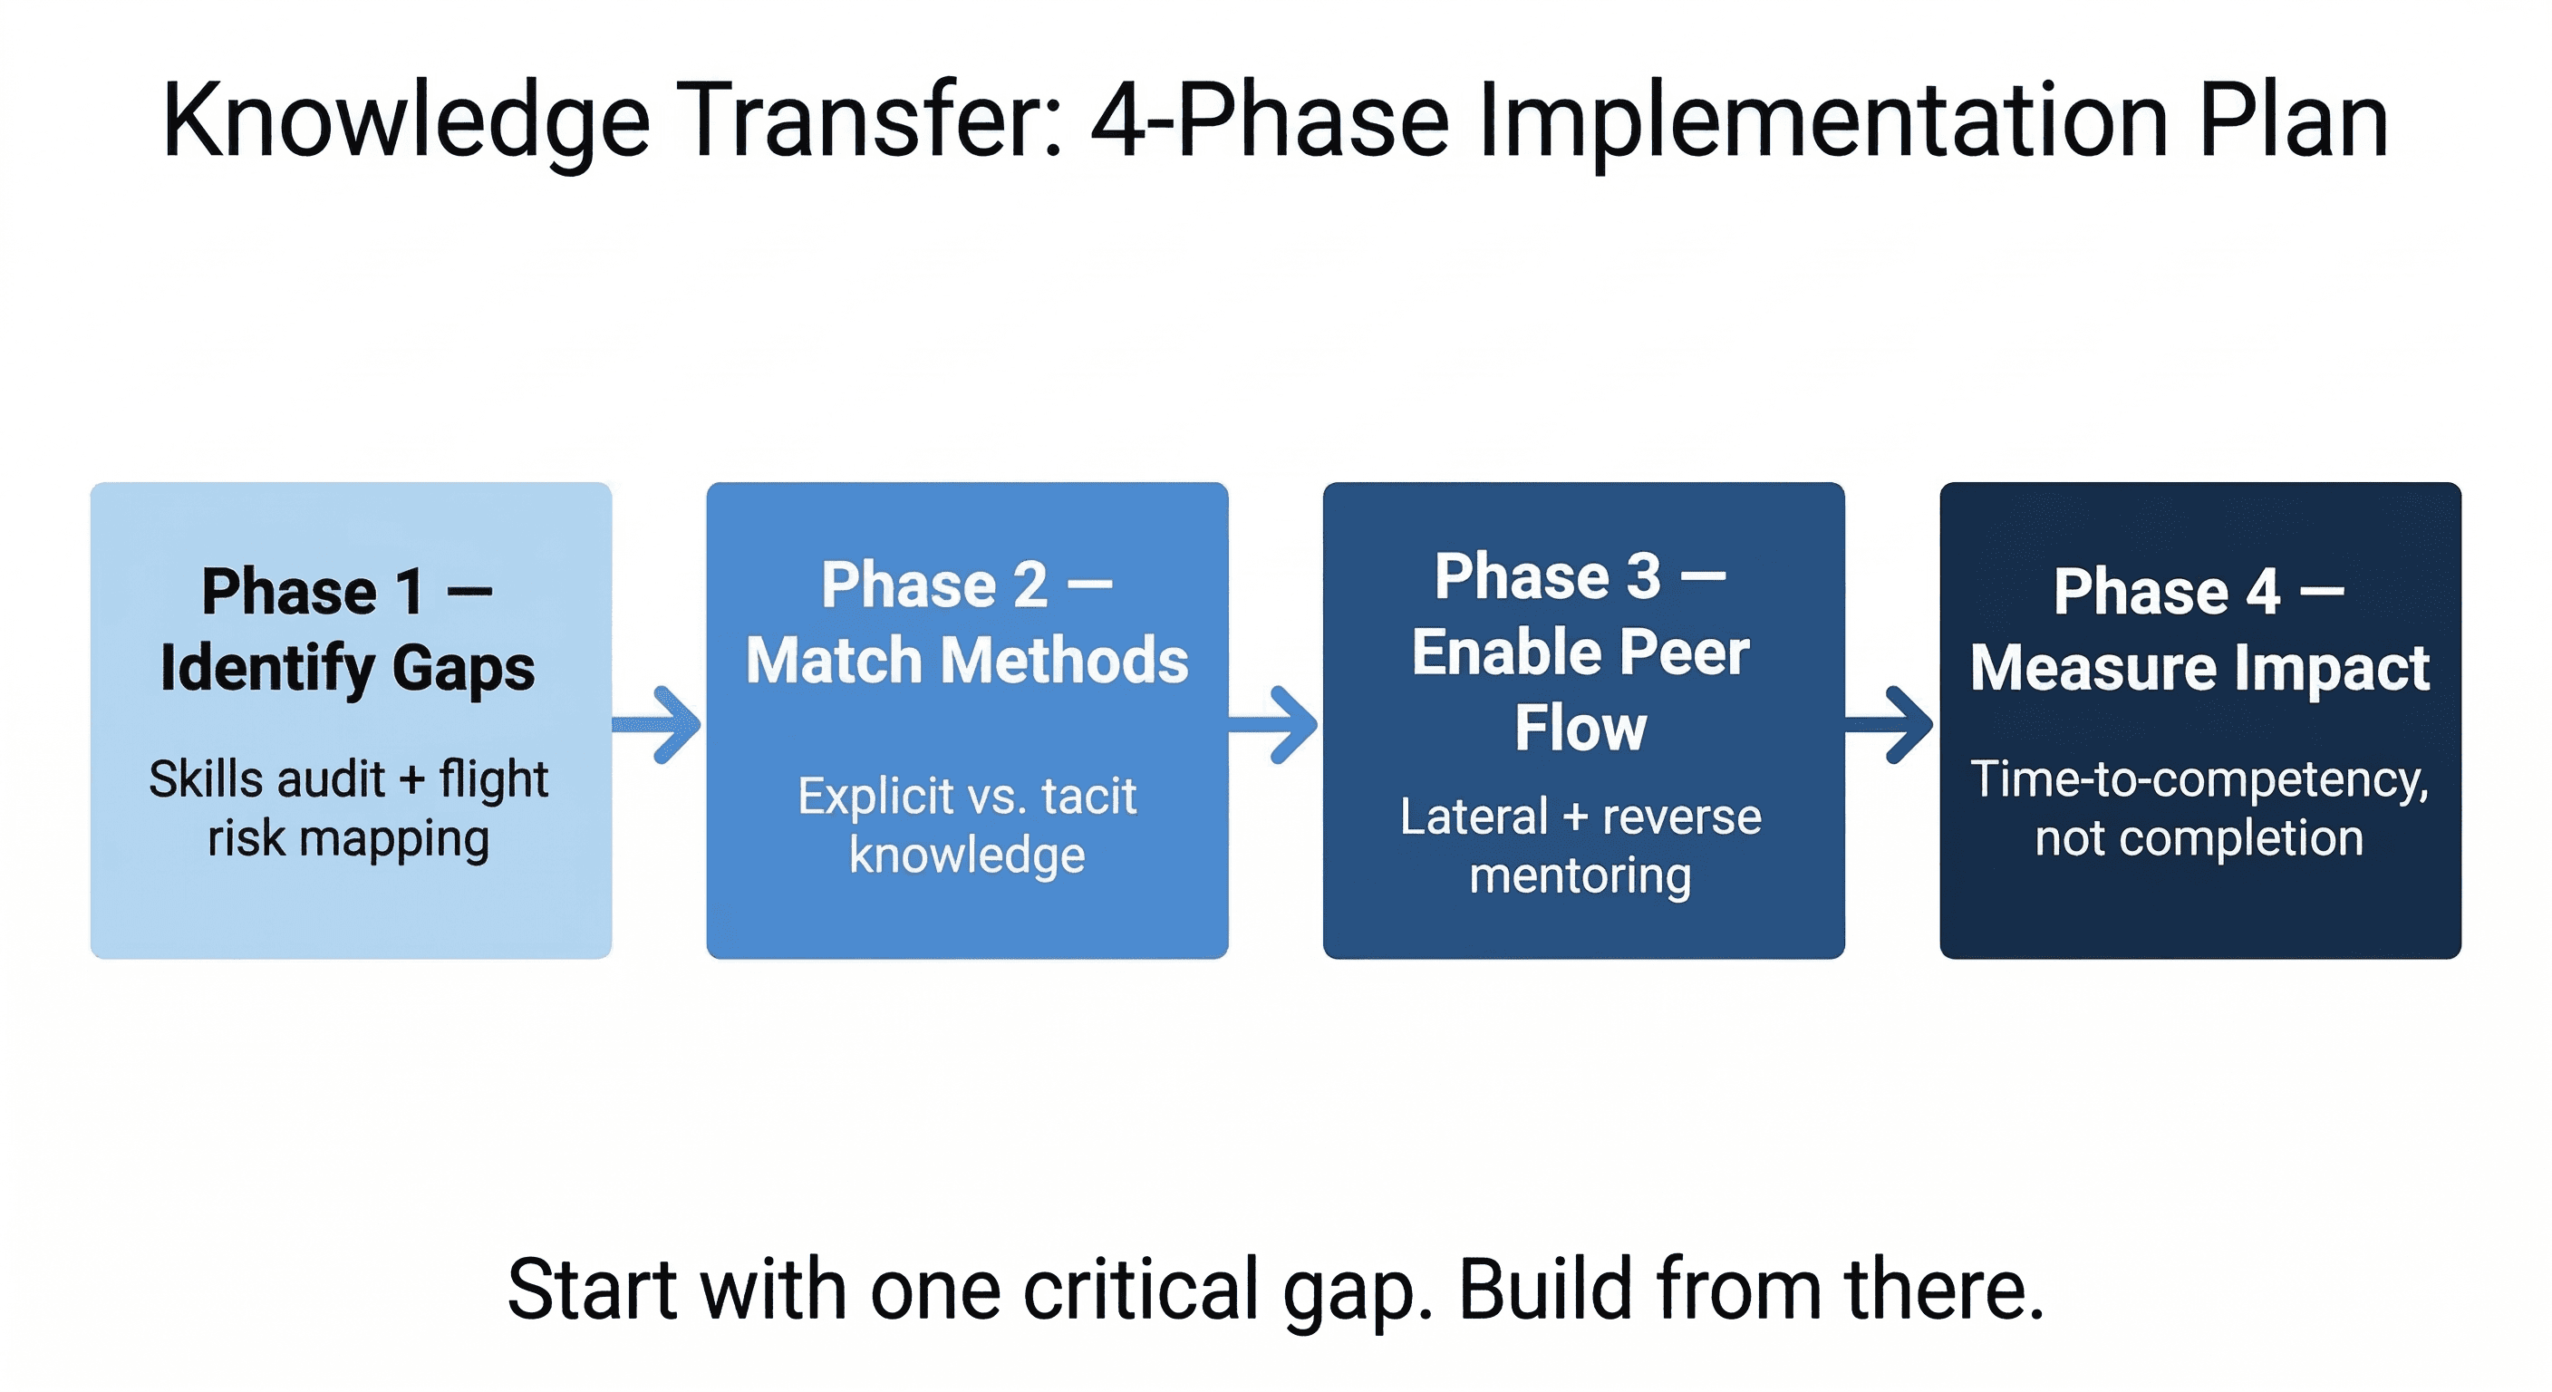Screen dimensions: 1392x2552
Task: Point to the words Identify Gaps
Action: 348,668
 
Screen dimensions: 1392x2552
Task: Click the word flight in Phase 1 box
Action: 493,779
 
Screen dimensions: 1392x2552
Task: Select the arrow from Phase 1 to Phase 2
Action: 659,724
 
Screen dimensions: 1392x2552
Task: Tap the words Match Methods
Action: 967,661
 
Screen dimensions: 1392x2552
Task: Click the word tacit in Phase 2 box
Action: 1088,797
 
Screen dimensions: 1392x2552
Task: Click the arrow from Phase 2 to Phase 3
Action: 1275,724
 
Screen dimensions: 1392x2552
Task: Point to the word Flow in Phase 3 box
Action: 1580,730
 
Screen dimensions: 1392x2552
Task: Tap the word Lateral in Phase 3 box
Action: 1474,817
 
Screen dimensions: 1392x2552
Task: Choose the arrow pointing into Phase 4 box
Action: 1890,724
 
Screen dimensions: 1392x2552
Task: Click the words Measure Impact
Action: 2199,668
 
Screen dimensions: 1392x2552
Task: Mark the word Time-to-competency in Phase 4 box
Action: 2198,779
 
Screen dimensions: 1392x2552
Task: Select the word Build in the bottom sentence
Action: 1545,1290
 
